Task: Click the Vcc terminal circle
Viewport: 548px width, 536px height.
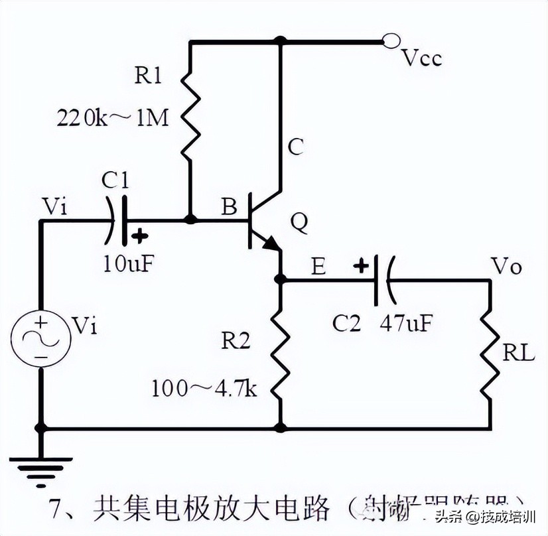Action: tap(391, 42)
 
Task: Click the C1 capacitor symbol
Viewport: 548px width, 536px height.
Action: tap(117, 220)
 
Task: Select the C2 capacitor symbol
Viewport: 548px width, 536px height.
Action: tap(381, 280)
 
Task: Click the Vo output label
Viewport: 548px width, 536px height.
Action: tap(507, 267)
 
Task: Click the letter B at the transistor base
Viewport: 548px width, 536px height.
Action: tap(228, 208)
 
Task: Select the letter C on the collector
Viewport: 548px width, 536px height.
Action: tap(295, 147)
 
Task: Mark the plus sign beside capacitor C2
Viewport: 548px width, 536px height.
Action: tap(360, 267)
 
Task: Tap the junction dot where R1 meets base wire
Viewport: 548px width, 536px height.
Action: tap(190, 220)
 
